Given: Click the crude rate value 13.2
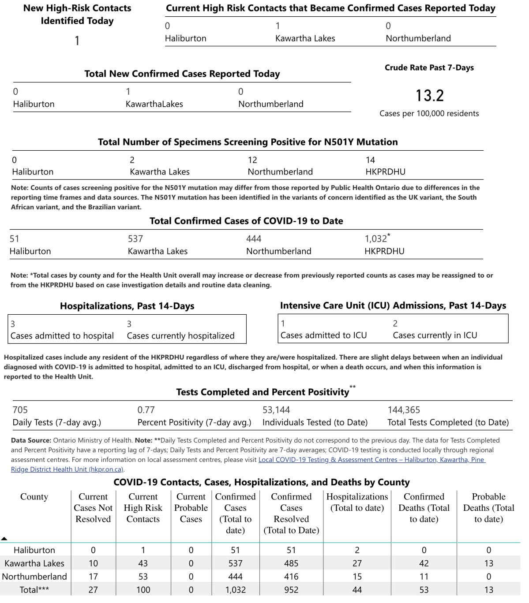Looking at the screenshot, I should pyautogui.click(x=429, y=95).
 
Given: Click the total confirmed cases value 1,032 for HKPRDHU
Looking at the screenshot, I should pyautogui.click(x=376, y=239).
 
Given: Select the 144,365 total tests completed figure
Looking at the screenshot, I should pyautogui.click(x=403, y=410).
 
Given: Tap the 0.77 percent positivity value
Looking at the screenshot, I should pyautogui.click(x=146, y=410).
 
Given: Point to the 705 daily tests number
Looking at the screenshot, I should pyautogui.click(x=20, y=410).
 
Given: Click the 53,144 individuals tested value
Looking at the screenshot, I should pyautogui.click(x=276, y=410).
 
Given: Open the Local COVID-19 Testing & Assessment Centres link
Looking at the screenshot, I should pyautogui.click(x=371, y=460).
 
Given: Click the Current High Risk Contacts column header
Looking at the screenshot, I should pyautogui.click(x=143, y=508).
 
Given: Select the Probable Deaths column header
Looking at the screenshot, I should pyautogui.click(x=488, y=508).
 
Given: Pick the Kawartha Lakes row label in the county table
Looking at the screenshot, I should pyautogui.click(x=34, y=563).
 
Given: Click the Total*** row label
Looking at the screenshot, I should pyautogui.click(x=34, y=590).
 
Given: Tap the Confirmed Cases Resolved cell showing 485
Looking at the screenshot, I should pyautogui.click(x=291, y=563).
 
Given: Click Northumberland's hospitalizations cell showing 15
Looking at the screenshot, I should pyautogui.click(x=357, y=577).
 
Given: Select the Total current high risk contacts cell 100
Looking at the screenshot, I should pyautogui.click(x=143, y=590).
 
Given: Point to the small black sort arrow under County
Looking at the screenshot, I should pyautogui.click(x=4, y=539).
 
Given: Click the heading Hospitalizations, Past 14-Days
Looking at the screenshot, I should pyautogui.click(x=127, y=306).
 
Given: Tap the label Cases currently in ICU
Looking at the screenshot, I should pyautogui.click(x=435, y=335).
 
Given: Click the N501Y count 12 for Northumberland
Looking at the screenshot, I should pyautogui.click(x=252, y=160).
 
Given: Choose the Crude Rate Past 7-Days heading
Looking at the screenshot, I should pyautogui.click(x=429, y=67).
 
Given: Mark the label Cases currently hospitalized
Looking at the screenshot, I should pyautogui.click(x=180, y=336).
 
